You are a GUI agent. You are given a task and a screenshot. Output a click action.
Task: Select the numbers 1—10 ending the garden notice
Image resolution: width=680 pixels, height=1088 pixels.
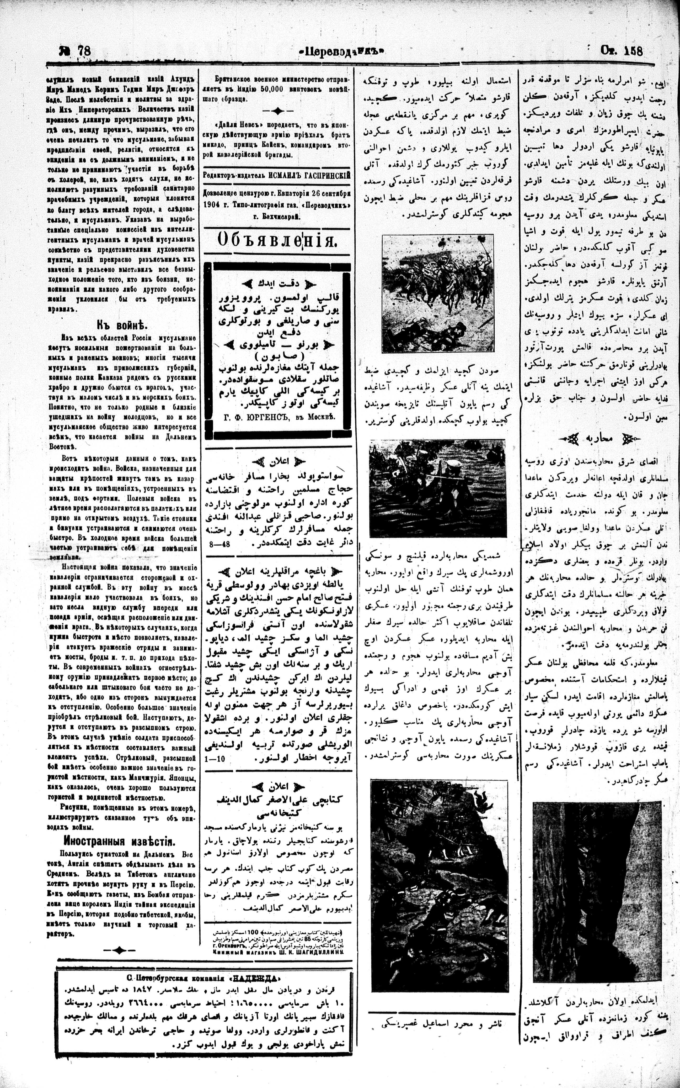[215, 759]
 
